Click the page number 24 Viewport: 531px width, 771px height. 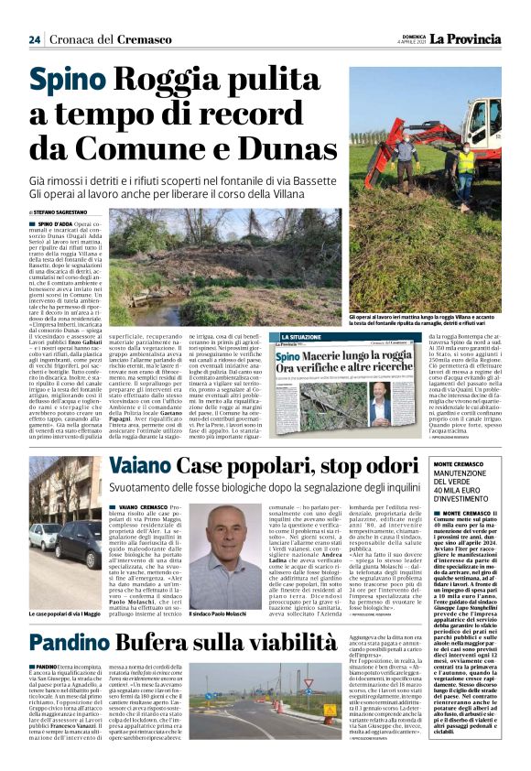[x=35, y=39]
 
